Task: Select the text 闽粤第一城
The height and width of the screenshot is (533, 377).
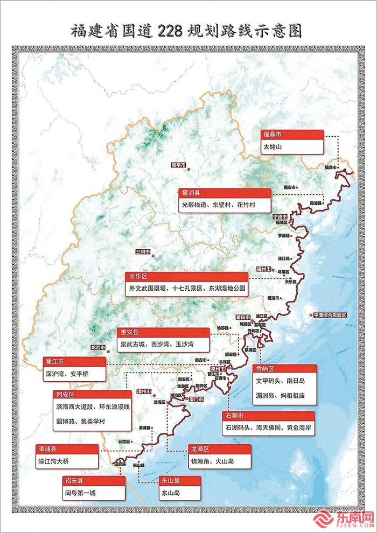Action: click(80, 492)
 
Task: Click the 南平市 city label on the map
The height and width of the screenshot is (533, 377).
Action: click(178, 165)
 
